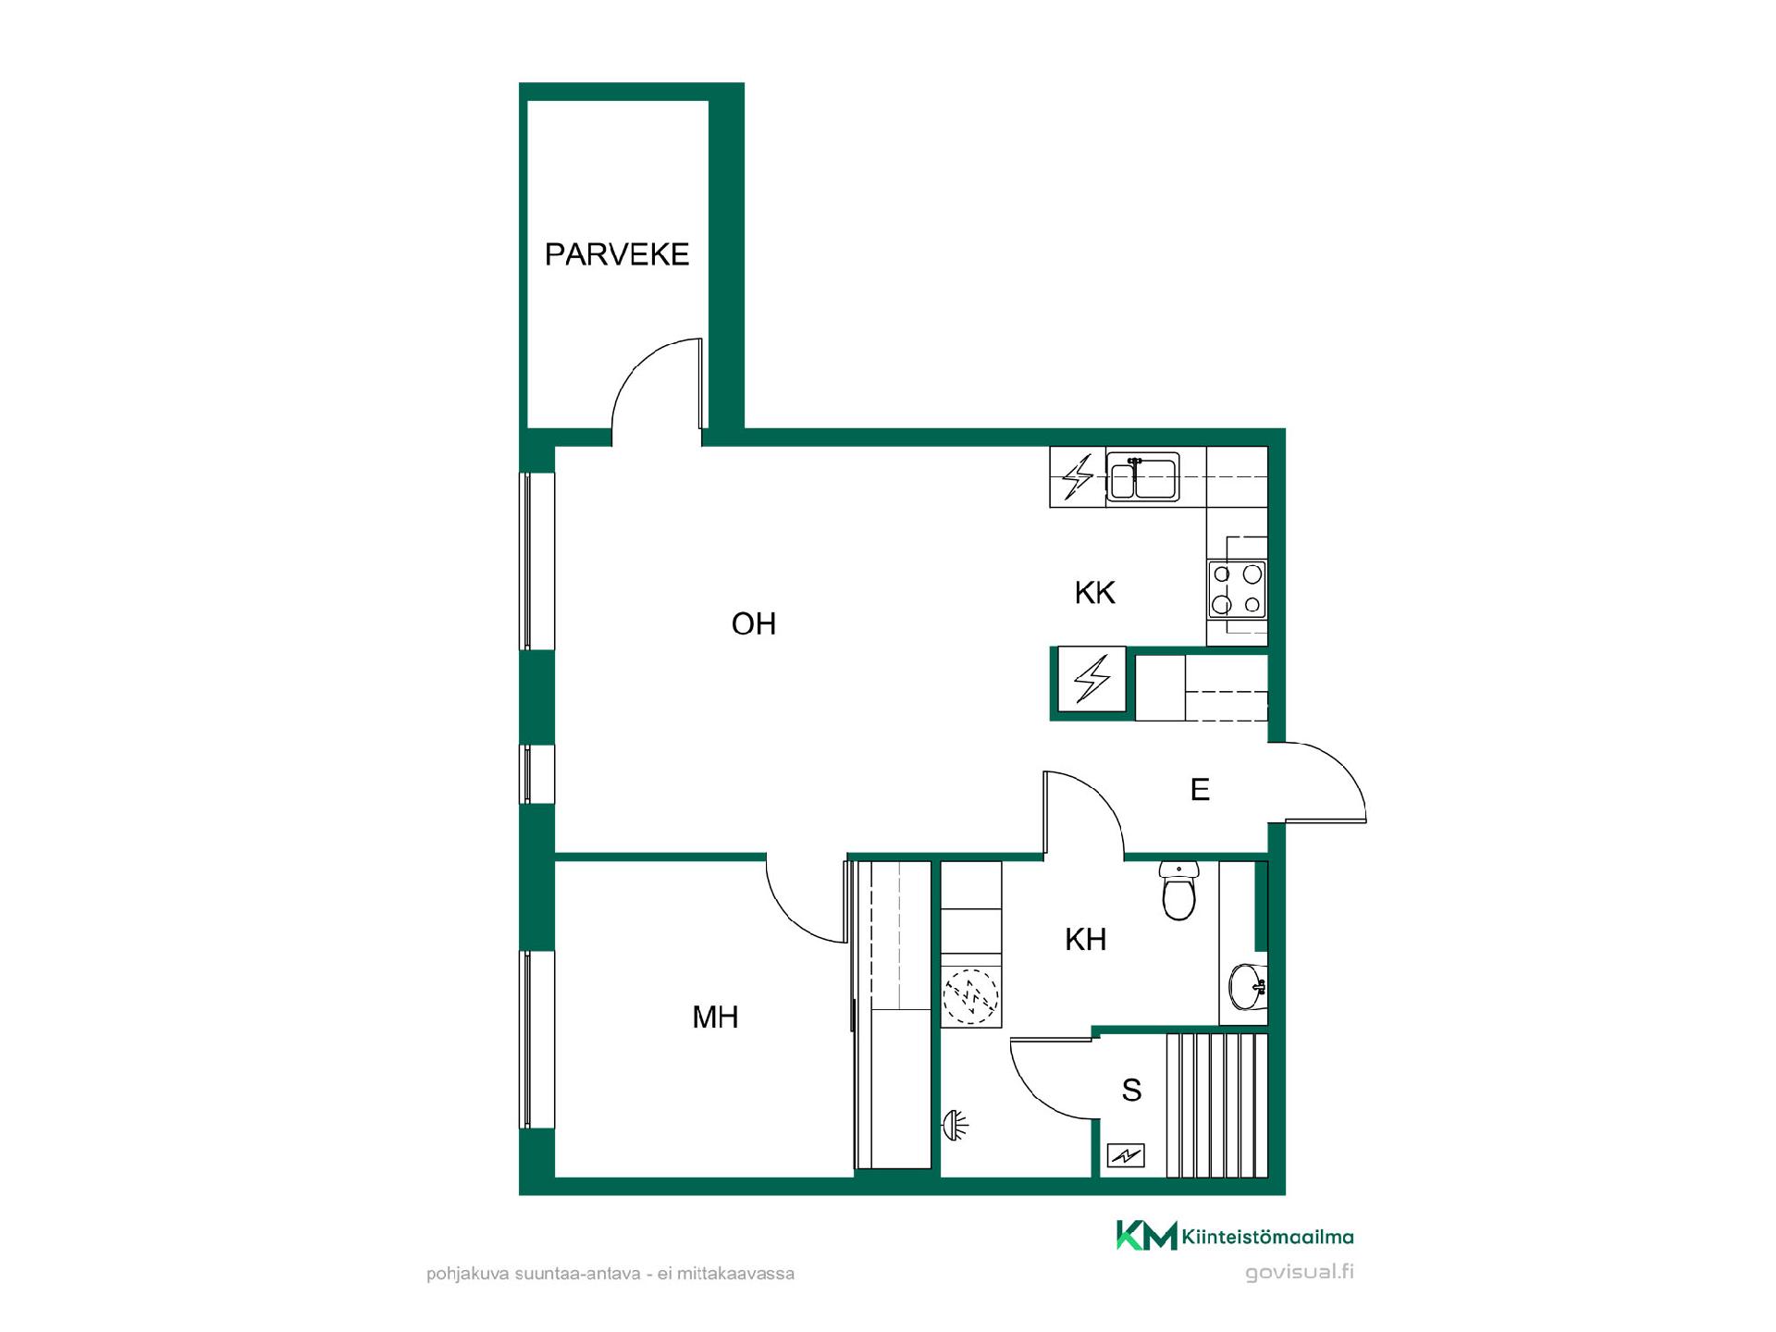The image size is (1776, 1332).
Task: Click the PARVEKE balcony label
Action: click(x=617, y=254)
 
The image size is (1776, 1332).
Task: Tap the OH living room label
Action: click(x=753, y=624)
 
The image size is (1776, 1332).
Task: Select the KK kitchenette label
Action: click(x=1095, y=593)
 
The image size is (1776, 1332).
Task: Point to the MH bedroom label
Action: click(x=715, y=1017)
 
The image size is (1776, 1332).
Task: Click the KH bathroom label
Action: click(x=1085, y=940)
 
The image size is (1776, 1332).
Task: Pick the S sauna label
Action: click(x=1131, y=1091)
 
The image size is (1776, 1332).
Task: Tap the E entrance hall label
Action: click(x=1200, y=790)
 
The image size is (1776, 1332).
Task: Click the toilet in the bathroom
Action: click(x=1178, y=891)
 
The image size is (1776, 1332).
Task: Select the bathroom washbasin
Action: click(x=1248, y=986)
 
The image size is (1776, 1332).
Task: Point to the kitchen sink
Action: click(x=1143, y=477)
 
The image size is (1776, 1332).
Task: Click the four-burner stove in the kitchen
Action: click(x=1237, y=589)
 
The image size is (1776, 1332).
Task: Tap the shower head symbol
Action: click(x=954, y=1125)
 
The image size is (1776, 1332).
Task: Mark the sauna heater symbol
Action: click(x=1126, y=1155)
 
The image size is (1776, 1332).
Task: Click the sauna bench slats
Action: click(x=1216, y=1106)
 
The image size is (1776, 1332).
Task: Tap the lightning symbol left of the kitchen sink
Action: click(x=1078, y=477)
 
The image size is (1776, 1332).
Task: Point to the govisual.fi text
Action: click(x=1300, y=1273)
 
